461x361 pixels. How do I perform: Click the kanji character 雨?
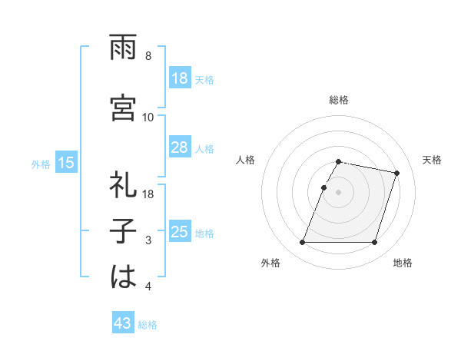coord(123,48)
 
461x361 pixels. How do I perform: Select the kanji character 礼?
coord(123,187)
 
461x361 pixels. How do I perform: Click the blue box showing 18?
coord(180,78)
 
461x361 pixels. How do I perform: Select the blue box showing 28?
coord(180,148)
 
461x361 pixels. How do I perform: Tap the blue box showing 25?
coord(180,232)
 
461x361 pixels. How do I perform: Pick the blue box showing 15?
coord(65,163)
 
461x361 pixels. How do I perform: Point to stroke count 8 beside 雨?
coord(148,56)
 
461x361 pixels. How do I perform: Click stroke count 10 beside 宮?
coord(148,117)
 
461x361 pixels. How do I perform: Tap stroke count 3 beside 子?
coord(148,240)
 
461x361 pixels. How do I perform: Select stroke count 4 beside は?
coord(148,286)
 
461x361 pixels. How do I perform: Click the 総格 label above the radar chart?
coord(339,100)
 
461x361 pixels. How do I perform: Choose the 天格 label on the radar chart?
coord(433,160)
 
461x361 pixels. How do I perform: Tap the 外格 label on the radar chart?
coord(270,263)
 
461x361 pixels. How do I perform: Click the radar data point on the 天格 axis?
coord(397,174)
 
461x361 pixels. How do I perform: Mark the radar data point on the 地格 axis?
coord(375,243)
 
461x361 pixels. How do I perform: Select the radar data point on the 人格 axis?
coord(323,187)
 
